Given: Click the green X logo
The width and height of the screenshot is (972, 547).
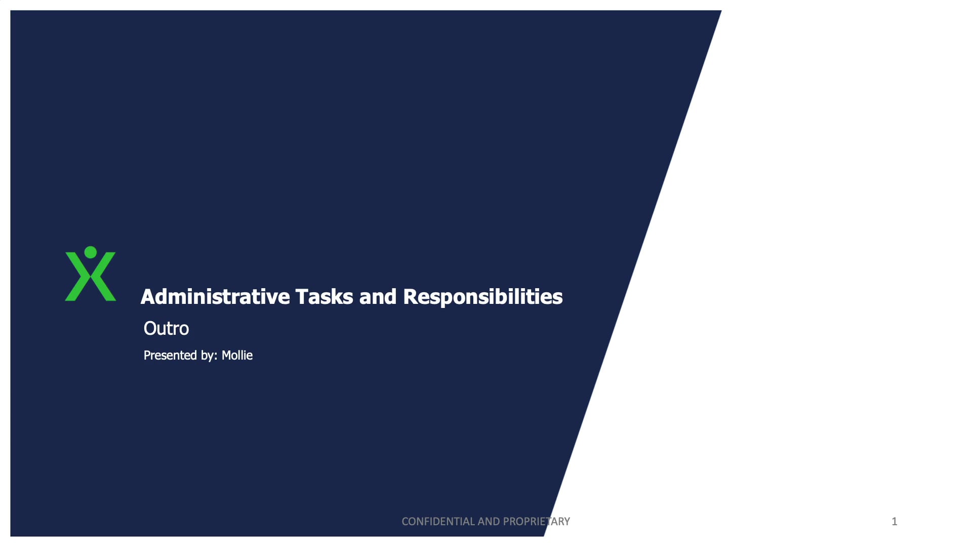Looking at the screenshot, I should (x=91, y=279).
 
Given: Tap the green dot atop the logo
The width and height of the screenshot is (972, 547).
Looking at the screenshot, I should (x=91, y=252).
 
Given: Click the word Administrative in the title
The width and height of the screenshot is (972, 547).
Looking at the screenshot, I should (x=215, y=297).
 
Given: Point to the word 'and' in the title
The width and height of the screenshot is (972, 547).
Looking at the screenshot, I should (x=378, y=297).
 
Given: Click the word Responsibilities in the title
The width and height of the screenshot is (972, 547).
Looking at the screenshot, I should (x=482, y=297).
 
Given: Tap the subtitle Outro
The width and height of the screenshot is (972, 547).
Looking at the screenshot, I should (x=166, y=329).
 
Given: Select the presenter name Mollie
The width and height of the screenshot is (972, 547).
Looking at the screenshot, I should (x=237, y=356).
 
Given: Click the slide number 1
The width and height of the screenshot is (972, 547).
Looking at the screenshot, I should (x=895, y=521).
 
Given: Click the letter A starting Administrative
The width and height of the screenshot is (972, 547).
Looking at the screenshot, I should (x=148, y=297).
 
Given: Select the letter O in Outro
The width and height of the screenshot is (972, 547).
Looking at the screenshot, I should (x=150, y=329).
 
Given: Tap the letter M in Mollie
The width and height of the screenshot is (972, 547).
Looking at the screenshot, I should (x=226, y=356).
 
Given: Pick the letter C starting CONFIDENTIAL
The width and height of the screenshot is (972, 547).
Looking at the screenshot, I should (x=405, y=521).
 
